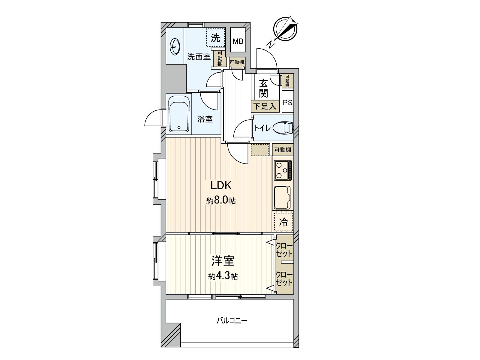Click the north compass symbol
pyautogui.click(x=286, y=29)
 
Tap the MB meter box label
pyautogui.click(x=238, y=41)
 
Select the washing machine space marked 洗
pyautogui.click(x=215, y=38)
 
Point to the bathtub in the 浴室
pyautogui.click(x=179, y=114)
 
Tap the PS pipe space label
pyautogui.click(x=288, y=102)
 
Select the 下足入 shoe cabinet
pyautogui.click(x=265, y=106)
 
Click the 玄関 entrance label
pyautogui.click(x=263, y=88)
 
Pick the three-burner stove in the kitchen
pyautogui.click(x=283, y=170)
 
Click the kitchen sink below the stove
pyautogui.click(x=282, y=198)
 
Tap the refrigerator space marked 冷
pyautogui.click(x=283, y=222)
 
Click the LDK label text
pyautogui.click(x=221, y=186)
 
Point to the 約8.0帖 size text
pyautogui.click(x=221, y=200)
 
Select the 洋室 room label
pyautogui.click(x=223, y=261)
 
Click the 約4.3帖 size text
pyautogui.click(x=223, y=277)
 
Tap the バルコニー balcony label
pyautogui.click(x=232, y=321)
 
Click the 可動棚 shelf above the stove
pyautogui.click(x=283, y=150)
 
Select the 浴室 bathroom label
pyautogui.click(x=205, y=119)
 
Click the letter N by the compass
pyautogui.click(x=271, y=45)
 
